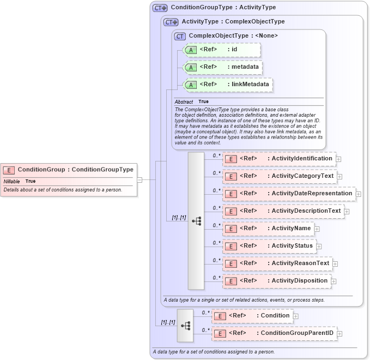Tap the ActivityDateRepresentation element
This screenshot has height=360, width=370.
coord(289,194)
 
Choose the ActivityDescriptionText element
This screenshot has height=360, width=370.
coord(283,211)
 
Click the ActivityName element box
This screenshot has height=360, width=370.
coord(268,229)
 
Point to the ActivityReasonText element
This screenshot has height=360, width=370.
coord(277,263)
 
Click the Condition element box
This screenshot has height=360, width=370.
coord(252,316)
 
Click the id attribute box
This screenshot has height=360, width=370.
coord(222,50)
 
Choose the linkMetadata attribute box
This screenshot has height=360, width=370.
coord(228,85)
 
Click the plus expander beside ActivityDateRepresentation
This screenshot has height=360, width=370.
coord(359,194)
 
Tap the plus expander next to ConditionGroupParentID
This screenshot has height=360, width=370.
coord(339,334)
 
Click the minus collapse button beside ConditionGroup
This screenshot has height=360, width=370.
coord(139,179)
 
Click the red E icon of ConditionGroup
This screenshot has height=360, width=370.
coord(9,170)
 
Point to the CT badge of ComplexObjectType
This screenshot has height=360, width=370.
coord(180,36)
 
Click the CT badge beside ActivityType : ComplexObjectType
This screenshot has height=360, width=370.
coord(171,22)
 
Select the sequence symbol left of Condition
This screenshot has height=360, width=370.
coord(185,325)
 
